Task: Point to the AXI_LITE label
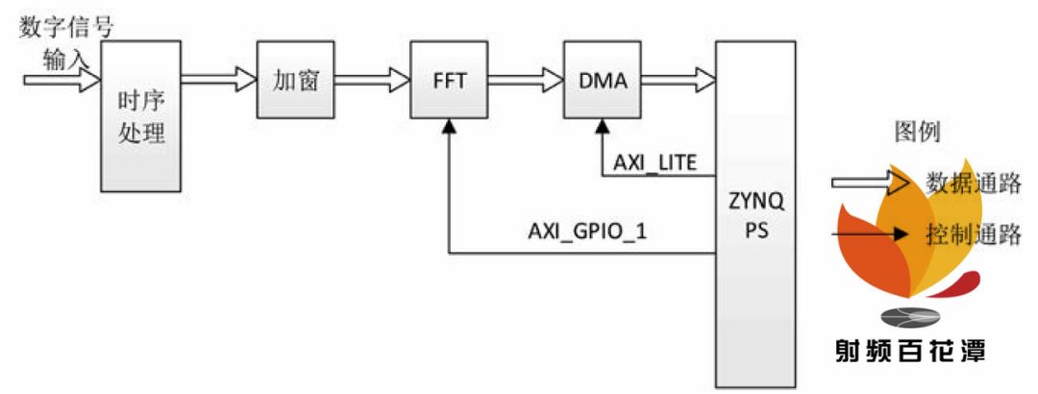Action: click(655, 160)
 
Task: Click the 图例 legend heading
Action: click(916, 132)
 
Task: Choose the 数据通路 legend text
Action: click(973, 182)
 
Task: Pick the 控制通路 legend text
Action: click(973, 232)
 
